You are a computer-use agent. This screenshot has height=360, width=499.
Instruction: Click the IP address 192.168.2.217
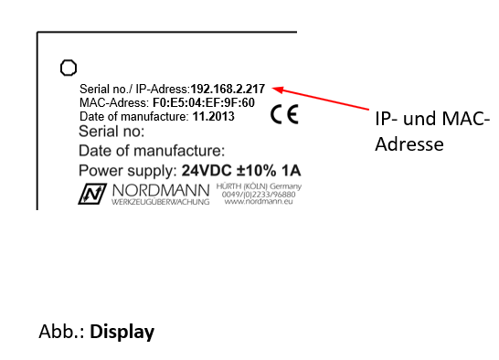click(x=228, y=89)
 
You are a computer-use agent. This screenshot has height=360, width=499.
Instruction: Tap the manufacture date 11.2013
click(x=213, y=117)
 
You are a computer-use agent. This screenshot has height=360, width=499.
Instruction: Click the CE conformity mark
click(x=284, y=115)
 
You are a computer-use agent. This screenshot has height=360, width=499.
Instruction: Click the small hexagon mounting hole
click(x=67, y=67)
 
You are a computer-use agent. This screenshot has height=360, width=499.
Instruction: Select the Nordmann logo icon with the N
click(x=92, y=194)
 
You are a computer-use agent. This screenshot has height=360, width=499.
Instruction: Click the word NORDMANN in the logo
click(x=160, y=190)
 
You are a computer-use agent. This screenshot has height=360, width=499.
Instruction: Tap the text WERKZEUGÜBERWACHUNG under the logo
click(x=160, y=202)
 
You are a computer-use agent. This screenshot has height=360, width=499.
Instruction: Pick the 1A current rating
click(x=292, y=171)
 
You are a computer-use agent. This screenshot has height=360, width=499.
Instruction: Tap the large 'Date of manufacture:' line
click(x=152, y=151)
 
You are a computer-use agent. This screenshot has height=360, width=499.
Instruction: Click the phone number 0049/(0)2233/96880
click(x=262, y=194)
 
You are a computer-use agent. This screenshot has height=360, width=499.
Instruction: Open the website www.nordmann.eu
click(x=262, y=202)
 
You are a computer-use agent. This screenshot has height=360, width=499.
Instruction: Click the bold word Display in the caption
click(x=122, y=331)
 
